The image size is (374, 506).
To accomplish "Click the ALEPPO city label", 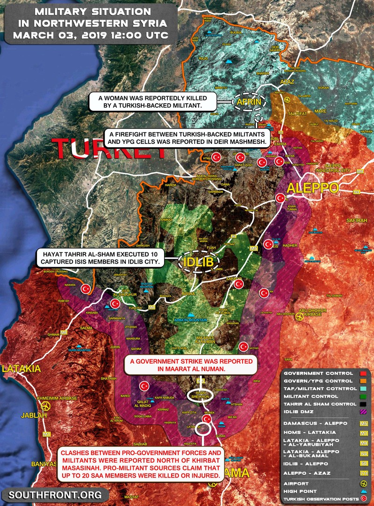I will (313, 188).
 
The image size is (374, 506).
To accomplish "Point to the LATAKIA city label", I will (21, 369).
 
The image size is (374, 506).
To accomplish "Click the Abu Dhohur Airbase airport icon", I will (299, 316).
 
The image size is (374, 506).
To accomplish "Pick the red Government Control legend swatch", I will (362, 373).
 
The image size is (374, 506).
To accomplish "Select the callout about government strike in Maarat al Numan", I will (191, 366).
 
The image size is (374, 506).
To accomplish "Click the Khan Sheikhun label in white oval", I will (200, 395).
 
